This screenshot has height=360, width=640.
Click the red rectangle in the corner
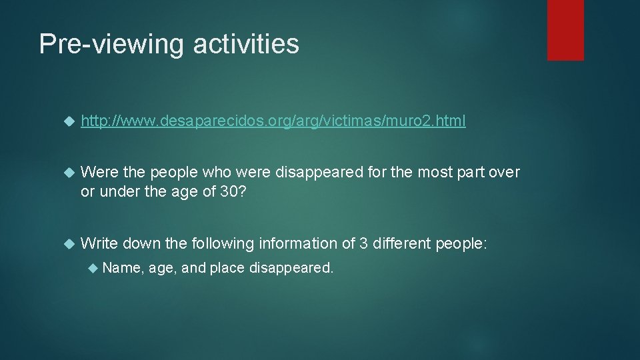565,30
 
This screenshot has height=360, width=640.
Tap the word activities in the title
246,44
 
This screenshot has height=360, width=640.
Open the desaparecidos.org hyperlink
273,121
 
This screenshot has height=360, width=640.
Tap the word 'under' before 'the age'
114,192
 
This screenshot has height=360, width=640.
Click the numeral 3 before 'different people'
363,244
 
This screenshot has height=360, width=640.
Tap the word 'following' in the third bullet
222,244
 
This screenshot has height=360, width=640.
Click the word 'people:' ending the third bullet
461,244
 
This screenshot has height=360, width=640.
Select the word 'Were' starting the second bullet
99,173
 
